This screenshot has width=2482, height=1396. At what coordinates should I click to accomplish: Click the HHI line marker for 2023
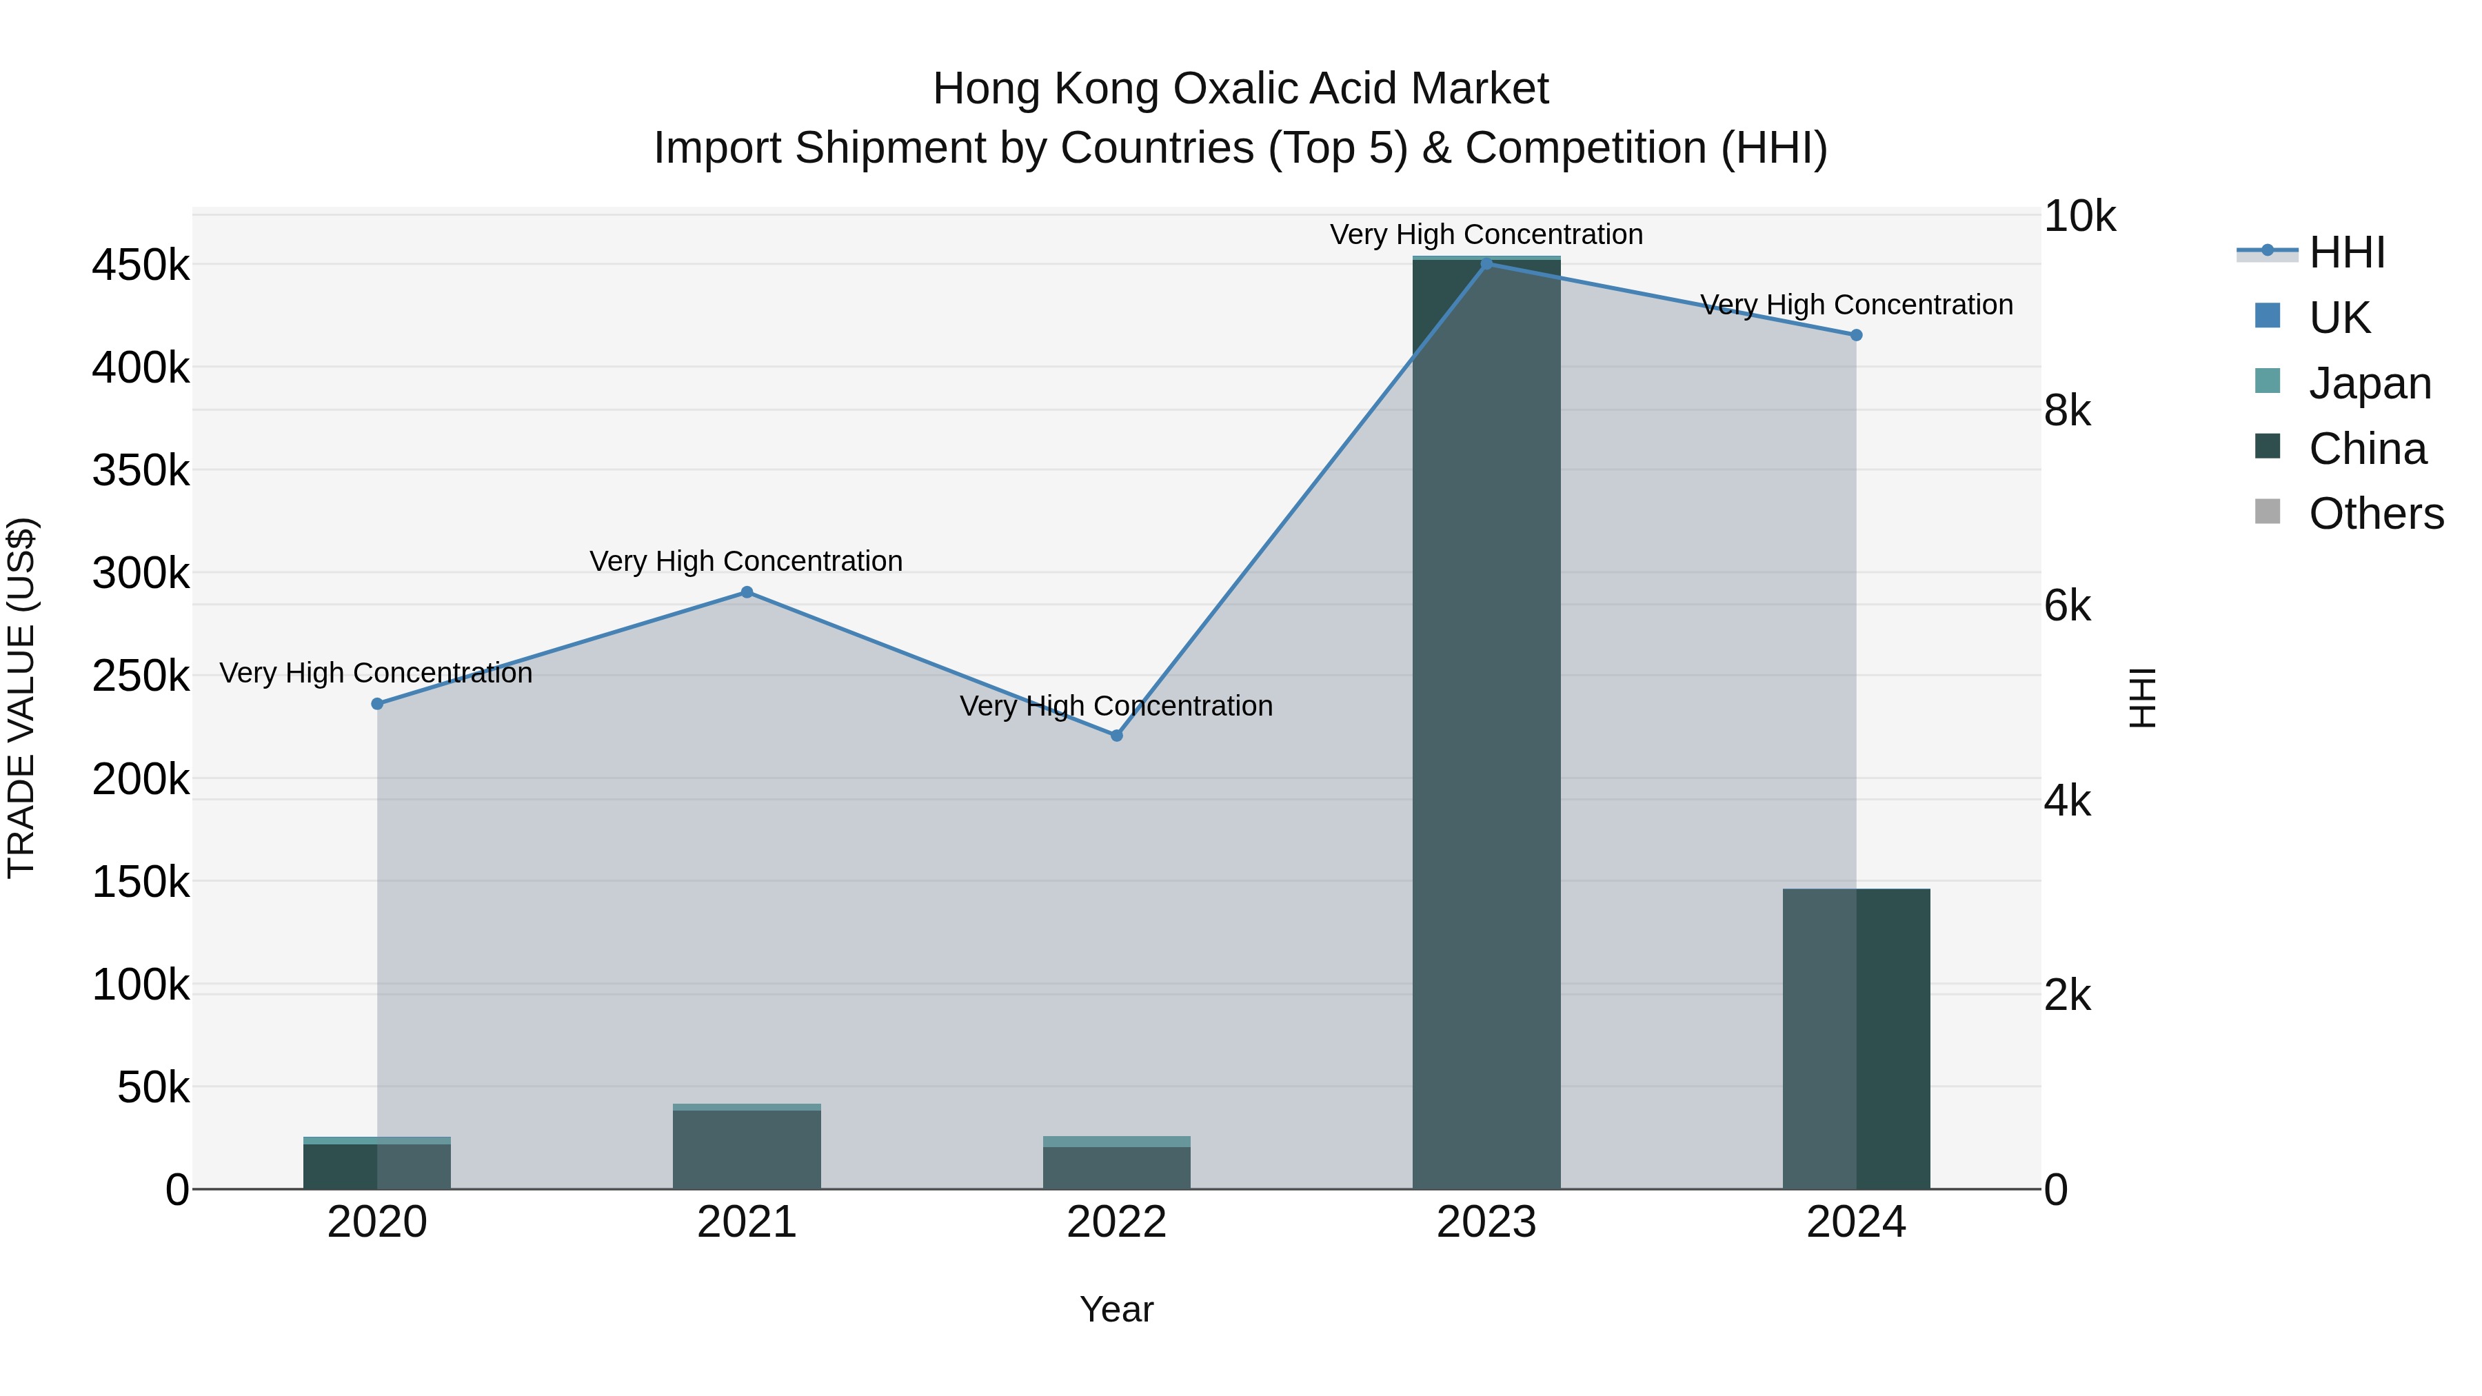pos(1486,264)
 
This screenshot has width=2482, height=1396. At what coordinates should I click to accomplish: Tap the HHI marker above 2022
pos(1117,736)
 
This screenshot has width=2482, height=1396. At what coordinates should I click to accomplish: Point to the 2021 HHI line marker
pos(747,592)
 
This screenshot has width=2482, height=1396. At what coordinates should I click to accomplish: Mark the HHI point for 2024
pos(1856,335)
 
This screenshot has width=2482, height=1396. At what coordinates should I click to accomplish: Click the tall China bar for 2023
pos(1486,722)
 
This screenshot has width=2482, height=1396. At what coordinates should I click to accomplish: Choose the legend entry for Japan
pos(2369,383)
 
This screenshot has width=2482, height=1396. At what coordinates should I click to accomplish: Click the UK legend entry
pos(2339,318)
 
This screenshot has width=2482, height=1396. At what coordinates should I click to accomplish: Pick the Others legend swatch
pos(2268,512)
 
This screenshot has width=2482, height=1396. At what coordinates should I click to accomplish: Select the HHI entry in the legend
pos(2346,252)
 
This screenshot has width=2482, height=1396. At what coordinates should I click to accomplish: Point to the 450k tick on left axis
pos(141,265)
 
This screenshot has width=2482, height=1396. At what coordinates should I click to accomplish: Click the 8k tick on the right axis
pos(2067,412)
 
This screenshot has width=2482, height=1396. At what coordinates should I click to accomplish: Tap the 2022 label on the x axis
pos(1117,1222)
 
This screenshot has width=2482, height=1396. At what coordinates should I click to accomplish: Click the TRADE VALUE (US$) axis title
pos(21,698)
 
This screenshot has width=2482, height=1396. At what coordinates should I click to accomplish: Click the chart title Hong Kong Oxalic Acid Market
pos(1240,89)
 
